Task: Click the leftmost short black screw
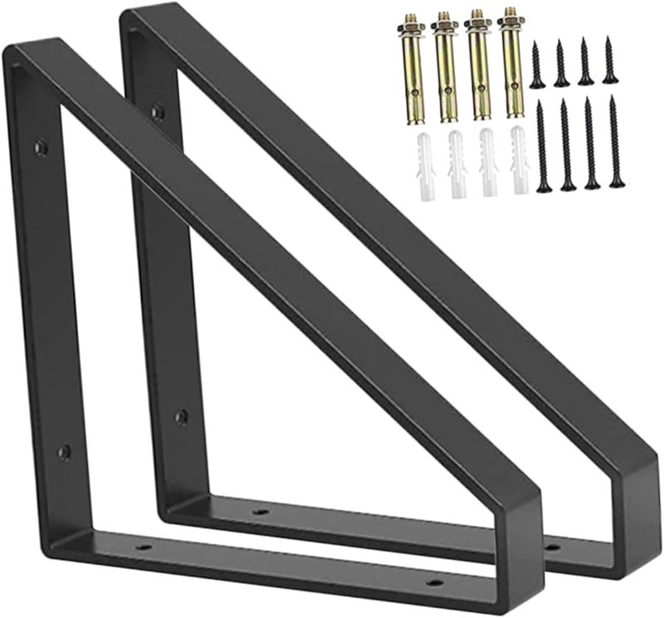(x=537, y=65)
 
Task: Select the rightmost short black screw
(x=610, y=61)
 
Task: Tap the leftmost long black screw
(x=544, y=145)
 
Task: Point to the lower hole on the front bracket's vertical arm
(x=63, y=452)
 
